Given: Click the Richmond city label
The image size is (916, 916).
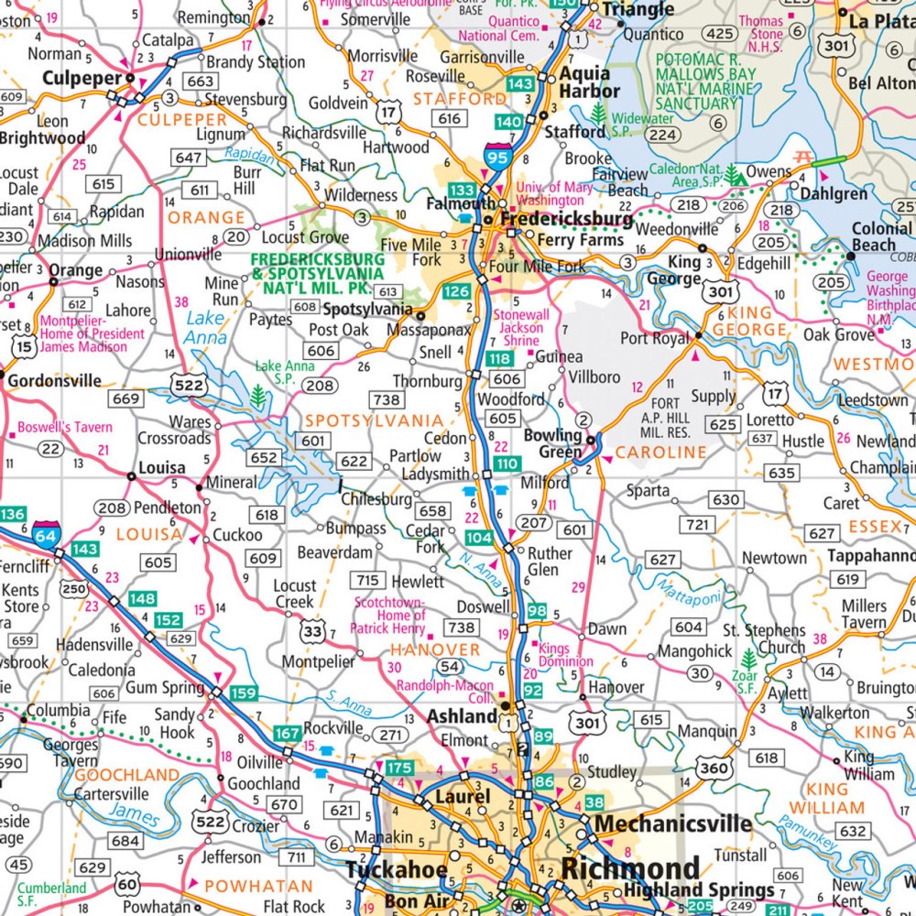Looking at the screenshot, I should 631,867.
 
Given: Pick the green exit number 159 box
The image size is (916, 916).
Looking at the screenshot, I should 243,692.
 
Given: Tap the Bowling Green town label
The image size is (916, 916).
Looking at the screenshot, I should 552,443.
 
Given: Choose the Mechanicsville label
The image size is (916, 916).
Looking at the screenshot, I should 673,823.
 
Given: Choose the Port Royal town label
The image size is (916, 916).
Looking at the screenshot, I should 654,338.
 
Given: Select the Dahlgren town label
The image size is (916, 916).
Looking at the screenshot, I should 834,193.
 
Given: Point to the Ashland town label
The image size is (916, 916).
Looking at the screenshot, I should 464,715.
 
